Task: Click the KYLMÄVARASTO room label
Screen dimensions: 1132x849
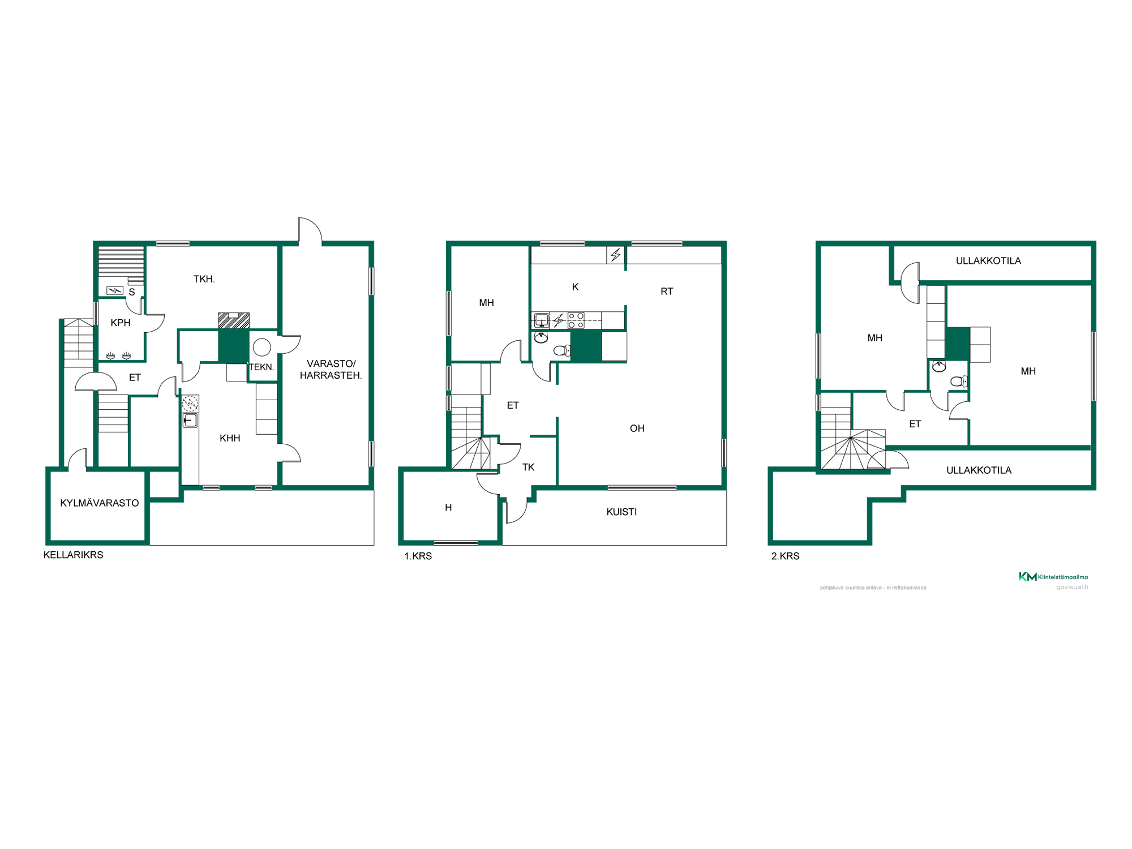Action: pyautogui.click(x=100, y=503)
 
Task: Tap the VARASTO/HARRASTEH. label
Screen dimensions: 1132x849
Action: pyautogui.click(x=331, y=370)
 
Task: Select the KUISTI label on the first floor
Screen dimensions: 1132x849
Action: pyautogui.click(x=621, y=512)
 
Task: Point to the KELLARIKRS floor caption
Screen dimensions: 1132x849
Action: pyautogui.click(x=74, y=555)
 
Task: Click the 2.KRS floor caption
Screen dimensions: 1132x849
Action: pyautogui.click(x=785, y=556)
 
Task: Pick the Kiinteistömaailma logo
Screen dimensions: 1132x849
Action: pyautogui.click(x=1053, y=577)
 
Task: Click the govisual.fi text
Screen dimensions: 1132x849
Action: pyautogui.click(x=1071, y=587)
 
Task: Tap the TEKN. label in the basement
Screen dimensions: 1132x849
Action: pyautogui.click(x=261, y=367)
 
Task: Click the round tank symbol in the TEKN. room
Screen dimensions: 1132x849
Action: pyautogui.click(x=261, y=346)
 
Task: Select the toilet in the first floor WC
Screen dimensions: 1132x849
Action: pyautogui.click(x=562, y=351)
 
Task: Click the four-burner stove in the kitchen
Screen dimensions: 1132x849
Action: pyautogui.click(x=576, y=320)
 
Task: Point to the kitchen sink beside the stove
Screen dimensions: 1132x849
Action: pyautogui.click(x=542, y=320)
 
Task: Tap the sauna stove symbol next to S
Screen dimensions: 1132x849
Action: pyautogui.click(x=115, y=290)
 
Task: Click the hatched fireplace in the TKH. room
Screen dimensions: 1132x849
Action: pyautogui.click(x=234, y=320)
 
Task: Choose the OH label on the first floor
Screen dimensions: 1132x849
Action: pyautogui.click(x=637, y=428)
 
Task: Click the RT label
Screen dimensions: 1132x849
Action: pyautogui.click(x=667, y=291)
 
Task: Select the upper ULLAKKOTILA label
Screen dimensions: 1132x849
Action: pyautogui.click(x=988, y=261)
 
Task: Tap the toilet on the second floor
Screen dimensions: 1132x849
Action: pyautogui.click(x=959, y=381)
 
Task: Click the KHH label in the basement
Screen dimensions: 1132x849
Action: pyautogui.click(x=230, y=438)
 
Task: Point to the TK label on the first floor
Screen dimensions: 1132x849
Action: pyautogui.click(x=528, y=467)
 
